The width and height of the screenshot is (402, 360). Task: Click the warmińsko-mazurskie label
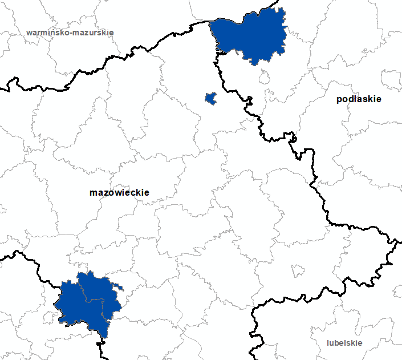pos(70,33)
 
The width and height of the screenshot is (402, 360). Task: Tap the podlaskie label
pos(359,99)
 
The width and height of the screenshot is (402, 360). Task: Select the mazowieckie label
pos(119,193)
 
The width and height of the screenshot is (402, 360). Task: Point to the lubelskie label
pos(345,343)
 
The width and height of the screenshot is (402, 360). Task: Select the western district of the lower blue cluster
pos(71,302)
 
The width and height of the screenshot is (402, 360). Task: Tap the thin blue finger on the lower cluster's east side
pos(118,286)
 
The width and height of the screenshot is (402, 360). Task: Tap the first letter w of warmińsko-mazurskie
pos(29,33)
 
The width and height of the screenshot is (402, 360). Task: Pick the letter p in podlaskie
pos(339,100)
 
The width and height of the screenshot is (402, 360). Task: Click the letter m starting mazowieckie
pos(93,193)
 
